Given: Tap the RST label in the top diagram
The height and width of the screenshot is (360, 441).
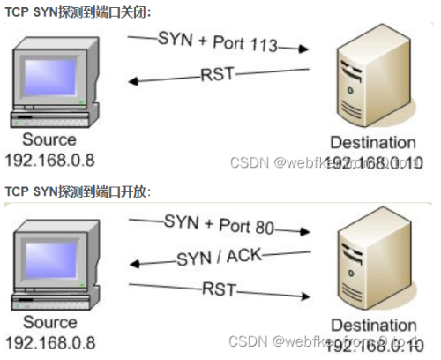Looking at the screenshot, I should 218,74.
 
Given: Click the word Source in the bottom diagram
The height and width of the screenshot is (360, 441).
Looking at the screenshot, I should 49,323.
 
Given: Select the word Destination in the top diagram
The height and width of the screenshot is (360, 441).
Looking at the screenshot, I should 371,143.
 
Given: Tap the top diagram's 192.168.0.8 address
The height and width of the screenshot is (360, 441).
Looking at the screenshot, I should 49,161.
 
